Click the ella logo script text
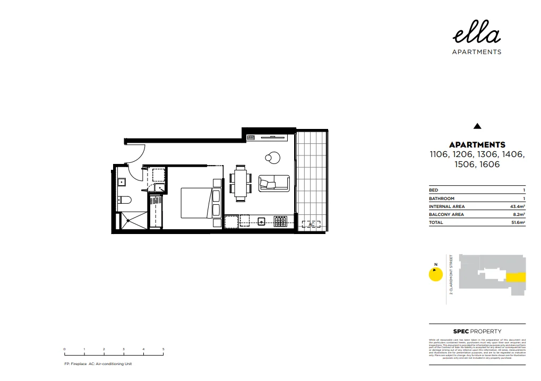click(x=476, y=35)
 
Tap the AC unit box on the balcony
click(x=312, y=224)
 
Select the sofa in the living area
click(x=274, y=183)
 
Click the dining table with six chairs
click(x=241, y=184)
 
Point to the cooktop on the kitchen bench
click(x=280, y=220)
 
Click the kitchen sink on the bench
click(x=262, y=220)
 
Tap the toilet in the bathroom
click(x=124, y=200)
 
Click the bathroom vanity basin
click(x=122, y=182)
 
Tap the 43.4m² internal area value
click(x=517, y=206)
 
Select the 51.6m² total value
click(x=517, y=223)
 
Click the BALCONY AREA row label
click(x=446, y=214)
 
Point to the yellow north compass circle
click(x=435, y=274)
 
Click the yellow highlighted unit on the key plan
click(x=516, y=277)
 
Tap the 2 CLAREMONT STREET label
click(x=451, y=274)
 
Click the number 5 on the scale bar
click(x=164, y=349)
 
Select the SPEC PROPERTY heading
click(x=477, y=331)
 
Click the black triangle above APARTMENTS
click(x=477, y=126)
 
